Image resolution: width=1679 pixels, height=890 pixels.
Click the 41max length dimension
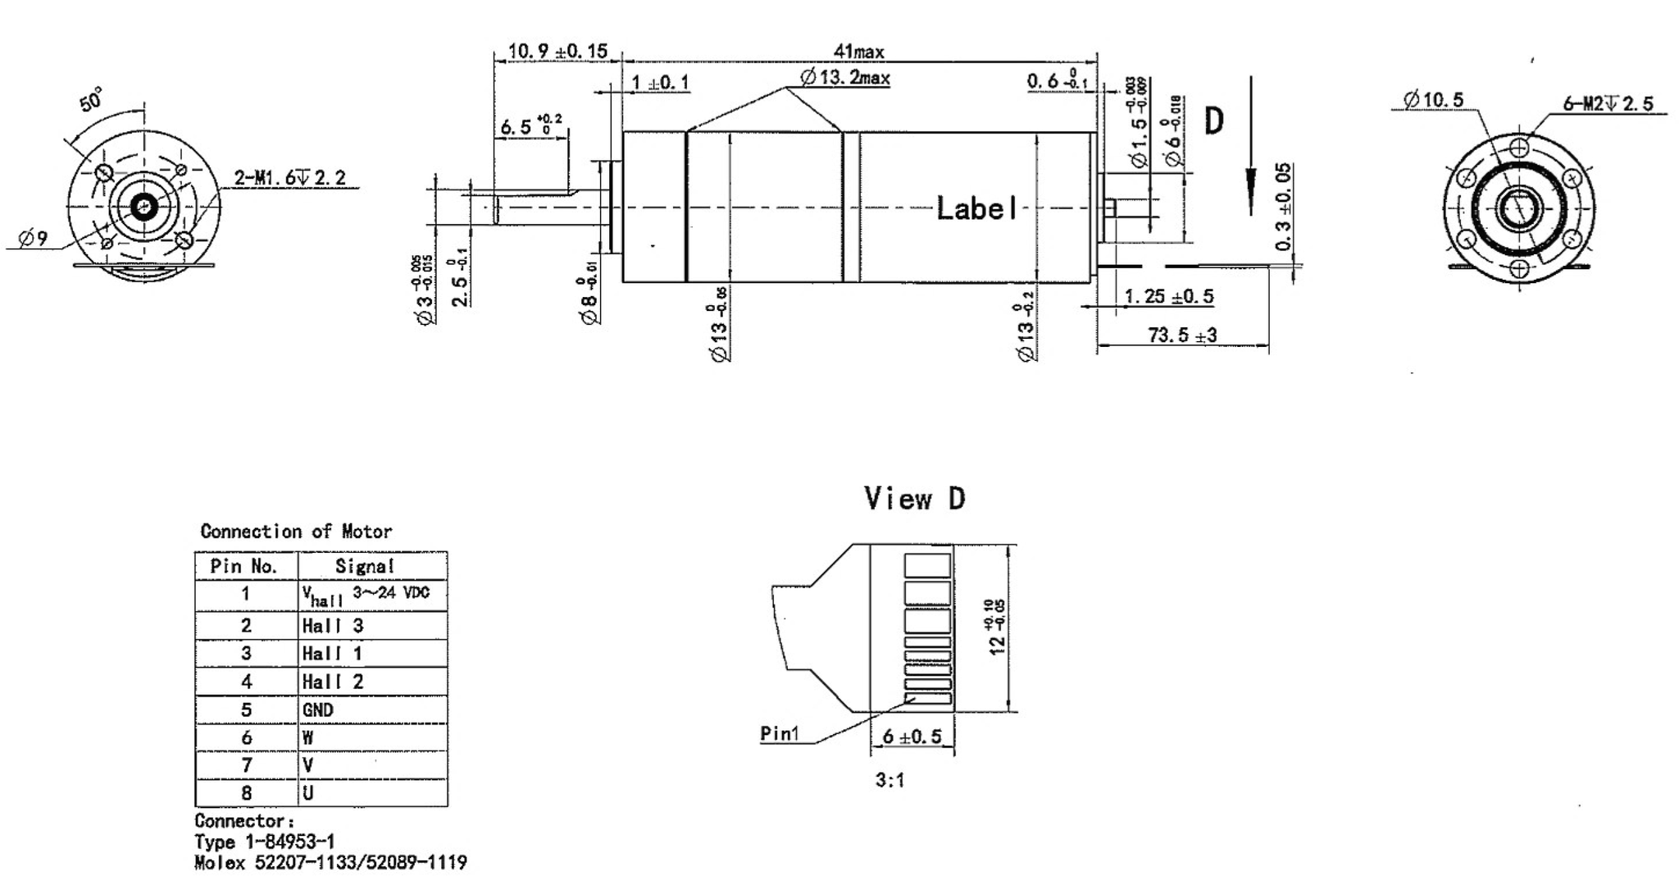858,51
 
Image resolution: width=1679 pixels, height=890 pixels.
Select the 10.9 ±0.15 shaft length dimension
557,51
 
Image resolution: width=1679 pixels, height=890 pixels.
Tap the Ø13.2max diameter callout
844,78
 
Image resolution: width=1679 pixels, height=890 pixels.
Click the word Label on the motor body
976,208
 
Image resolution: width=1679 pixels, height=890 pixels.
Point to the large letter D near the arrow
1213,121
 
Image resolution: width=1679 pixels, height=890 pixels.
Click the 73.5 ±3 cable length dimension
1181,335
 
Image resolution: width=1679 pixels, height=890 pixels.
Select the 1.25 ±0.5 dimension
1168,296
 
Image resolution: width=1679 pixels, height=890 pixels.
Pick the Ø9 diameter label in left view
33,239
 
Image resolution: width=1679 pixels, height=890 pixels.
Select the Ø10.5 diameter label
1432,100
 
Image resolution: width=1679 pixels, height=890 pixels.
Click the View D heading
914,498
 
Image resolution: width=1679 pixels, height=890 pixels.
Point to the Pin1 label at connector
778,733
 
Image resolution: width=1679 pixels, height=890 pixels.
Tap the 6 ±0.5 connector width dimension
912,736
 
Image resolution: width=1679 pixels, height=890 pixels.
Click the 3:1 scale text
890,780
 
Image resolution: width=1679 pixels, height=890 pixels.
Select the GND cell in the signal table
318,710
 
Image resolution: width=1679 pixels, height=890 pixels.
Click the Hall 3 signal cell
332,626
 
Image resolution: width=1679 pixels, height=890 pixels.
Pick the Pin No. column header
244,566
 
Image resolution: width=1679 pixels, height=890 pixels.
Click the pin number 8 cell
246,792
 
